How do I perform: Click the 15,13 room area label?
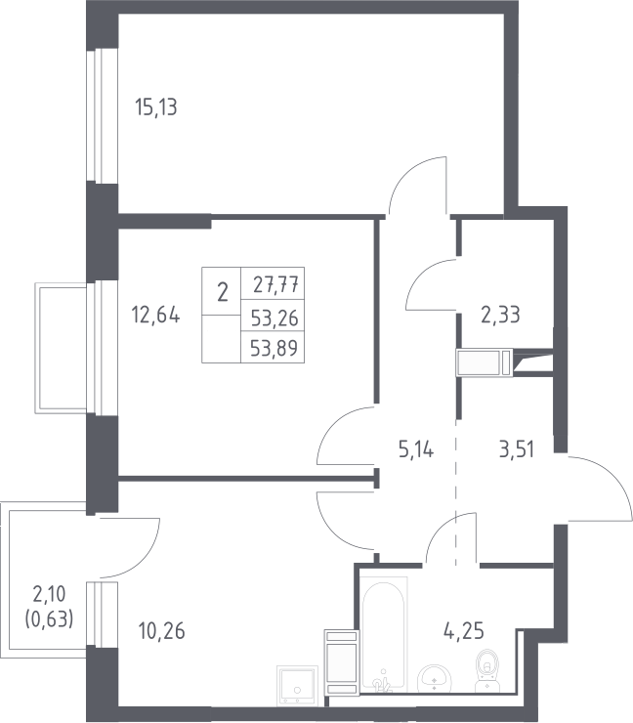point(156,106)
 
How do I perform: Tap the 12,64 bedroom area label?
point(156,315)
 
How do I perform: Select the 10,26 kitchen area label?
point(161,631)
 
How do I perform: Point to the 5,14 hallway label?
point(416,449)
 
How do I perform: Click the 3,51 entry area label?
point(517,449)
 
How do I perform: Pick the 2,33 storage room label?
point(500,315)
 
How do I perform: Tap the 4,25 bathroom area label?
point(464,631)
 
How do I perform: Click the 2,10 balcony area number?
point(49,594)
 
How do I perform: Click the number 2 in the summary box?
point(222,292)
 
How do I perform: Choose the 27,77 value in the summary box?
point(275,284)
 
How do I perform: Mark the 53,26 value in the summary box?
point(274,318)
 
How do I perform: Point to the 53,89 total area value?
point(274,348)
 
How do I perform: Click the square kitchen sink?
point(297,685)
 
